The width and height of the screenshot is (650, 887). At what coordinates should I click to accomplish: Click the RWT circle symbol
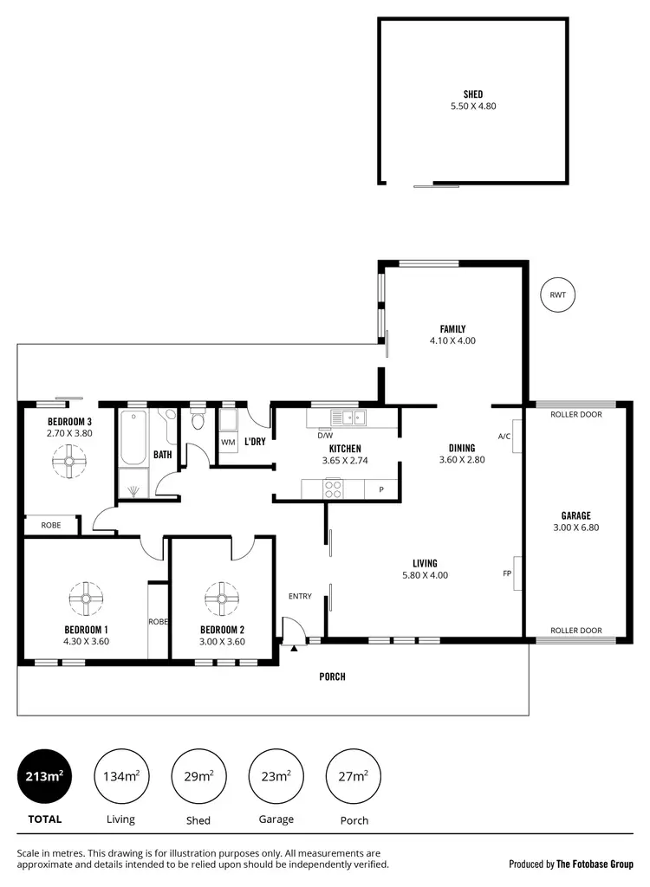pyautogui.click(x=557, y=295)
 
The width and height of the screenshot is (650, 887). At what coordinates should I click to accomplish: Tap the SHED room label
pyautogui.click(x=472, y=94)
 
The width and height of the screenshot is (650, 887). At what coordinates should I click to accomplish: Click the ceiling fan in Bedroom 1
pyautogui.click(x=86, y=597)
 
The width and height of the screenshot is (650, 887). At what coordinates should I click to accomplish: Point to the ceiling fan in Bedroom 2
pyautogui.click(x=222, y=597)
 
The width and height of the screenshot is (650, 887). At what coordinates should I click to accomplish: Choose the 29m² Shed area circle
pyautogui.click(x=199, y=775)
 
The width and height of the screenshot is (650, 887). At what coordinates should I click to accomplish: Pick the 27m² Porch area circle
pyautogui.click(x=353, y=775)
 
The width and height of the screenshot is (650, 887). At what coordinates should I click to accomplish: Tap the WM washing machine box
pyautogui.click(x=228, y=442)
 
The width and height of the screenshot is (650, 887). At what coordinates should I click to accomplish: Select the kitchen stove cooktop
pyautogui.click(x=334, y=489)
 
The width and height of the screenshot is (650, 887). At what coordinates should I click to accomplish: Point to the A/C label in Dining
pyautogui.click(x=504, y=436)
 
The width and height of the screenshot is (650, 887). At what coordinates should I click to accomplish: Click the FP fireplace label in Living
pyautogui.click(x=507, y=573)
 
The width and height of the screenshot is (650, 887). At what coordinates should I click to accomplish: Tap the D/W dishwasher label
pyautogui.click(x=325, y=436)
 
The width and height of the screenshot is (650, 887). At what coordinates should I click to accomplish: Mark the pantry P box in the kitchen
pyautogui.click(x=380, y=489)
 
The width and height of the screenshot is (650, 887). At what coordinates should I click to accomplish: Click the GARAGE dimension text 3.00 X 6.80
pyautogui.click(x=575, y=527)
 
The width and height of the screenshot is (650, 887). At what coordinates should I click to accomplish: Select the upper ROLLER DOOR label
pyautogui.click(x=575, y=414)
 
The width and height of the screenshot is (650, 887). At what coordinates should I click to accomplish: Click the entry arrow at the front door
pyautogui.click(x=294, y=646)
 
